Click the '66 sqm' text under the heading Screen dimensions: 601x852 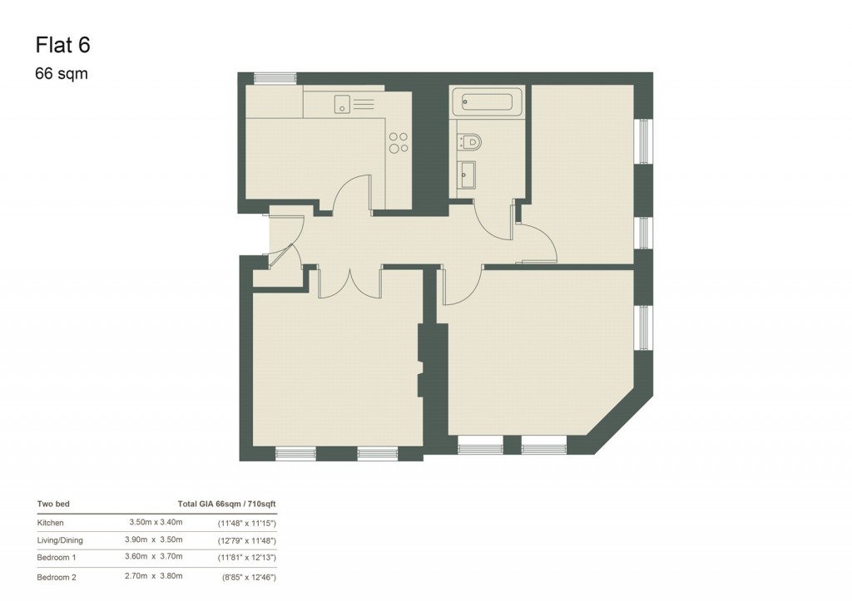(61, 74)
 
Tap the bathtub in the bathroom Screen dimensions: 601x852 (487, 102)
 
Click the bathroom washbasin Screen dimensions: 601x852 (468, 175)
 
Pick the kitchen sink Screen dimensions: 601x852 (342, 104)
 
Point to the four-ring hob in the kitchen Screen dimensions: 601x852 (399, 143)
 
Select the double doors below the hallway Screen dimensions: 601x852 (349, 283)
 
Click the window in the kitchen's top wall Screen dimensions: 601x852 (275, 78)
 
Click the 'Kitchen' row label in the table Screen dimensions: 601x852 (50, 523)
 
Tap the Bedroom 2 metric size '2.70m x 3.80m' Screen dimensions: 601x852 (156, 576)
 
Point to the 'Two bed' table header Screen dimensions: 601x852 (53, 504)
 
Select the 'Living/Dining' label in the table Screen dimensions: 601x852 (61, 540)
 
